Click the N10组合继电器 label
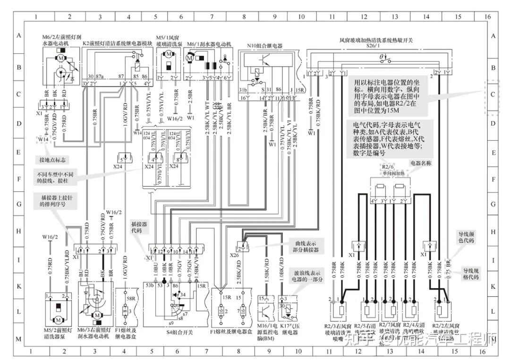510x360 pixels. [x=264, y=46]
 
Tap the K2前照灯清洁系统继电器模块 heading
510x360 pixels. [x=118, y=43]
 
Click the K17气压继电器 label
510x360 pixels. [x=291, y=332]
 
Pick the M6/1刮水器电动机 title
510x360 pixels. [x=209, y=44]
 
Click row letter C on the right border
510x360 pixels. [x=493, y=94]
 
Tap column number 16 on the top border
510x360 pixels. [x=488, y=16]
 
